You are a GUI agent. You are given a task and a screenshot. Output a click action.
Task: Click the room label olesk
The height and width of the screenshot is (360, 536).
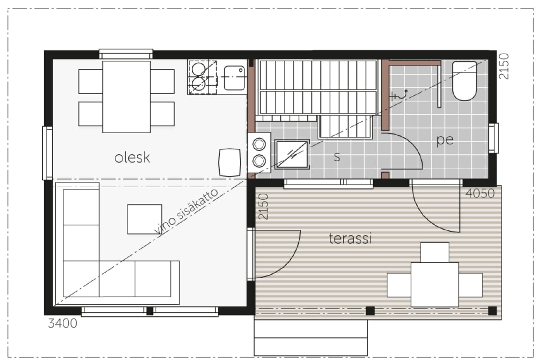pyautogui.click(x=132, y=157)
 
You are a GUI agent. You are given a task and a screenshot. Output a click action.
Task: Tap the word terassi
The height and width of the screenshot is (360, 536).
pyautogui.click(x=350, y=238)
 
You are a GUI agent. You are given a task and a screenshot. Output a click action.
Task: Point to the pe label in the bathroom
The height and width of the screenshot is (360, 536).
pyautogui.click(x=445, y=140)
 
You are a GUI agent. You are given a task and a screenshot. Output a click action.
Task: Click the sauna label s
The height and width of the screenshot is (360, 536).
pyautogui.click(x=337, y=157)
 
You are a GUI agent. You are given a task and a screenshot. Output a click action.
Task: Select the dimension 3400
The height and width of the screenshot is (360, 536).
pyautogui.click(x=63, y=323)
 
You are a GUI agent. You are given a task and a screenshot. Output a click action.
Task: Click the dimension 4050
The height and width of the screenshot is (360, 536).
pyautogui.click(x=480, y=193)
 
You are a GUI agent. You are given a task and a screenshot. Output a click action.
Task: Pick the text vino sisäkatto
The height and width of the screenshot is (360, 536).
pyautogui.click(x=186, y=211)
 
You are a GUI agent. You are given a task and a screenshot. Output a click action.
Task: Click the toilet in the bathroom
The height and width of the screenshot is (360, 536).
pyautogui.click(x=464, y=81)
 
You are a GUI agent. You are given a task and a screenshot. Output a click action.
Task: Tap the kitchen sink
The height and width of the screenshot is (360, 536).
pyautogui.click(x=234, y=77)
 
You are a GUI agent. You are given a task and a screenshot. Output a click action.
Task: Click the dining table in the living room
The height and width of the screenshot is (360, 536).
pyautogui.click(x=126, y=97)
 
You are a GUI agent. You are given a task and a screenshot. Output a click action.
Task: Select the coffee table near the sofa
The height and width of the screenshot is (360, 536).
pyautogui.click(x=144, y=219)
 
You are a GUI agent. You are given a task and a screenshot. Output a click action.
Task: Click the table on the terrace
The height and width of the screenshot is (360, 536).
pyautogui.click(x=434, y=284)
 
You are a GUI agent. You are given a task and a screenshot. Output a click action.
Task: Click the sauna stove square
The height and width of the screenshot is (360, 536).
pyautogui.click(x=292, y=154)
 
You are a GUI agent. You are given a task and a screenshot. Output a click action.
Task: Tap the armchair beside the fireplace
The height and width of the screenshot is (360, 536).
pyautogui.click(x=230, y=162)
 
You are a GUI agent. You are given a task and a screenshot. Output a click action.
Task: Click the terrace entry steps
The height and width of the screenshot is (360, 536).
pyautogui.click(x=311, y=337)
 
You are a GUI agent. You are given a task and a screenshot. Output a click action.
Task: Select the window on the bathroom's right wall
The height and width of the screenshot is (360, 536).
pyautogui.click(x=493, y=138)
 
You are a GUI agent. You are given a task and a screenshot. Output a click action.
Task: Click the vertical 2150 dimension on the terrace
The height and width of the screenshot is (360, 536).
pyautogui.click(x=263, y=206)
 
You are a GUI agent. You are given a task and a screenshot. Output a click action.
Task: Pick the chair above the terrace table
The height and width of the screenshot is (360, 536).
pyautogui.click(x=434, y=252)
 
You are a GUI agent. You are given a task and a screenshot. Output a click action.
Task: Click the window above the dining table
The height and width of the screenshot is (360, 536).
pyautogui.click(x=126, y=54)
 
